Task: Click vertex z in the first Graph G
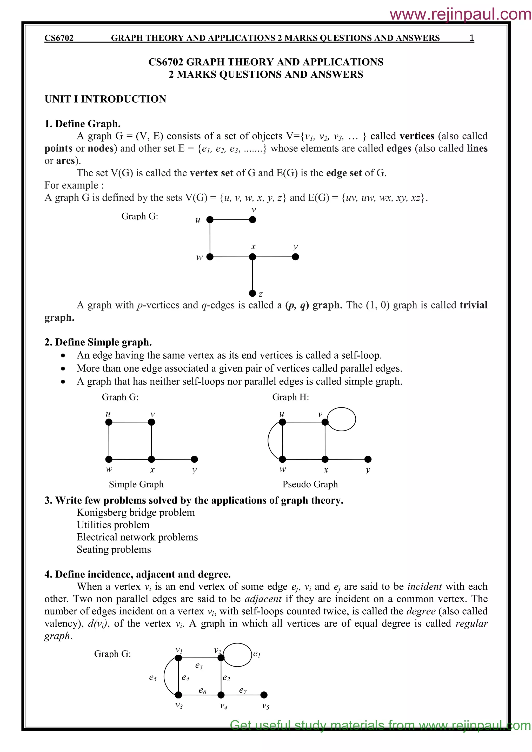252,293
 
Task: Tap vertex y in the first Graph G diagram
295,257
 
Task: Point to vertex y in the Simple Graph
194,459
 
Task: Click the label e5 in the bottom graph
153,678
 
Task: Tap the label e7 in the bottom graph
243,690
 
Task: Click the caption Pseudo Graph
310,484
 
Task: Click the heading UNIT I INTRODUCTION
105,99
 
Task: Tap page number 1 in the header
472,38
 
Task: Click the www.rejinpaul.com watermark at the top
460,14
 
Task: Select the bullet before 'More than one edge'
63,369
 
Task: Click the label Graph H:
291,397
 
